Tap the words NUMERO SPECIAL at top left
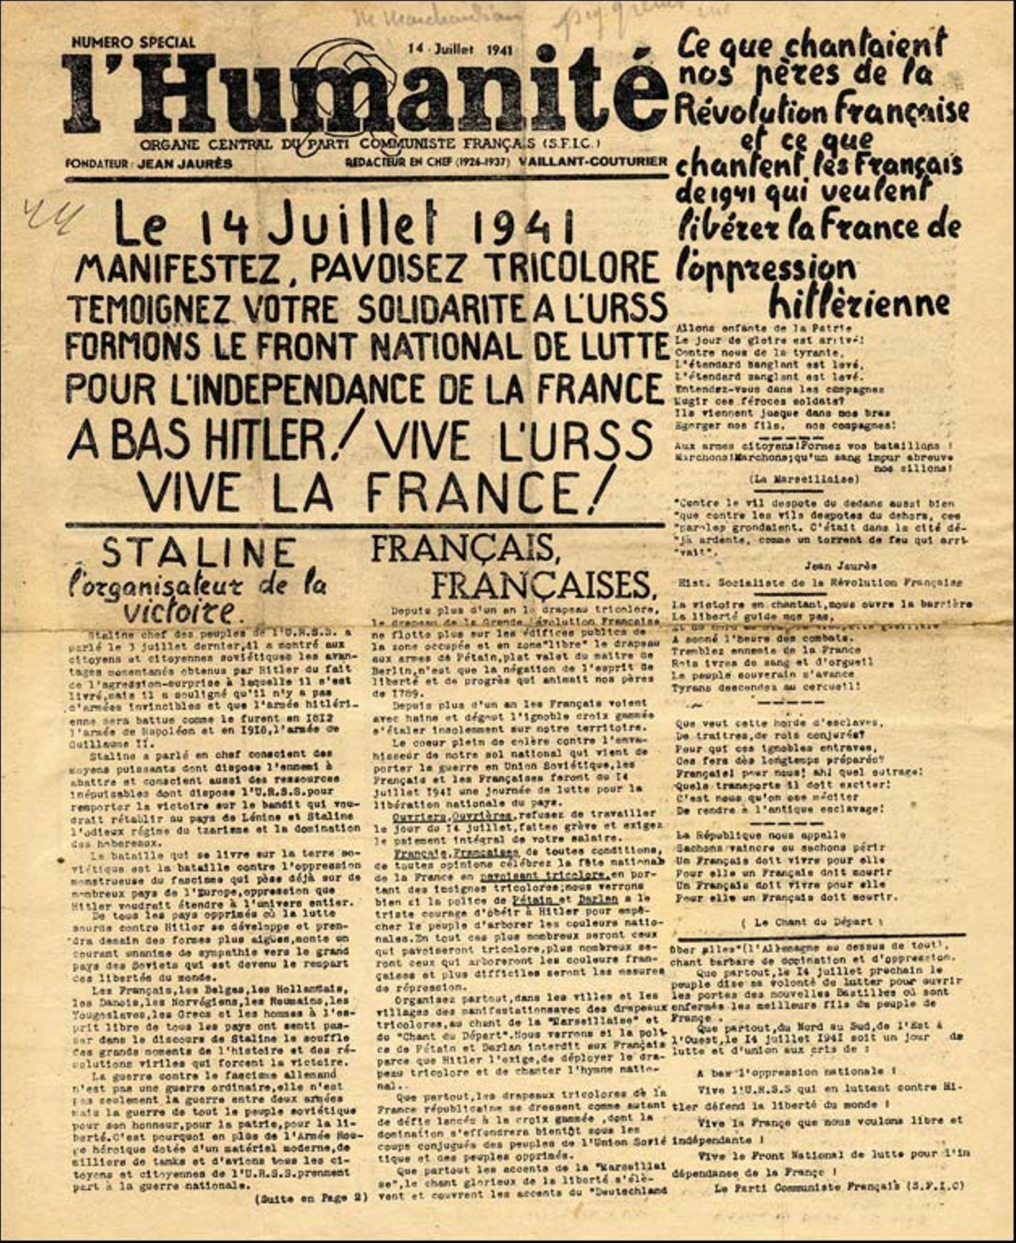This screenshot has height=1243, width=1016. click(x=133, y=42)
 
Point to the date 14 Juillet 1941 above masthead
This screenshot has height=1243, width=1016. click(x=460, y=49)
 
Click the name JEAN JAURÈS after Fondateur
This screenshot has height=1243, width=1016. click(x=185, y=164)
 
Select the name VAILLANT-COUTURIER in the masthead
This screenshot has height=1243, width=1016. click(x=593, y=161)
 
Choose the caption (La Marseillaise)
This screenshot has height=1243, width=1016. click(x=804, y=479)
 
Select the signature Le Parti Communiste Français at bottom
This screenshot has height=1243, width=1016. click(x=839, y=1186)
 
